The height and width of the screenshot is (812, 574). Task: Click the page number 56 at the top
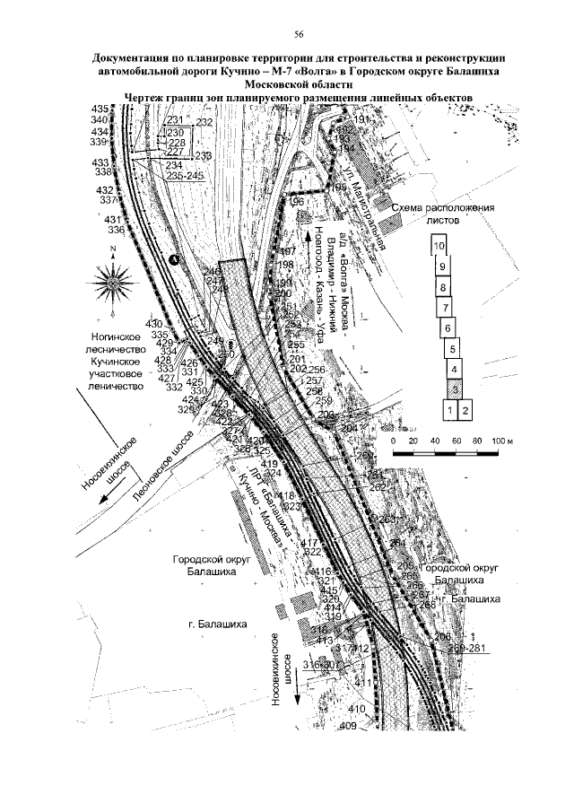click(x=287, y=33)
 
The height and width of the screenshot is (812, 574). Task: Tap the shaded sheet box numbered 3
click(x=456, y=389)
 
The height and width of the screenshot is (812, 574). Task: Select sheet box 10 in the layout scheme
click(x=439, y=245)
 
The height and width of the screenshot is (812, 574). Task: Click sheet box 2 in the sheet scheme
click(x=465, y=410)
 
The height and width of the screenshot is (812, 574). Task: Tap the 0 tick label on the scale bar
click(x=396, y=442)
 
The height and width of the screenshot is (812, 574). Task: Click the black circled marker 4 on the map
click(x=174, y=259)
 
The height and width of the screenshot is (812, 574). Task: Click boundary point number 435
click(x=99, y=109)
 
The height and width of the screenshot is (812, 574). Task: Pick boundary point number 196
click(x=299, y=204)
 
